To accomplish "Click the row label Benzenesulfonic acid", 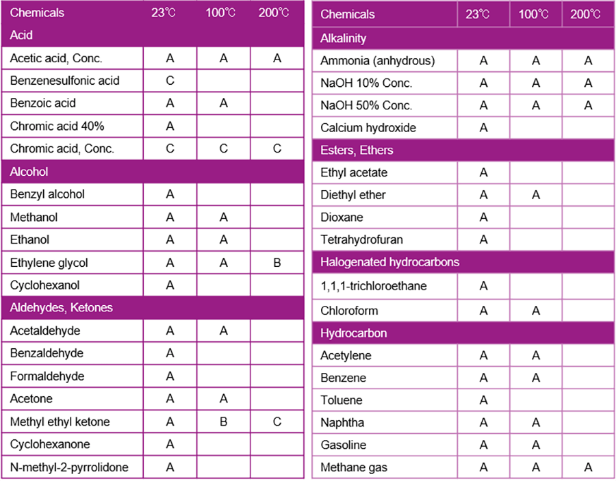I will (x=64, y=81).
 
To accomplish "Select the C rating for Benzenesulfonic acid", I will (x=170, y=81).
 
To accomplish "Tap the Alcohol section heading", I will (x=29, y=172).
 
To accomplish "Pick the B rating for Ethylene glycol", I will (x=277, y=263).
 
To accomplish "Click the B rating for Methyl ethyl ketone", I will (x=224, y=421).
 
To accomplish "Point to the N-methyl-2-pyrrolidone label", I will (x=68, y=467).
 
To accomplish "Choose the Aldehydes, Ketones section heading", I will (x=61, y=308).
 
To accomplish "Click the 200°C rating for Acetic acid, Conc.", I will (x=277, y=59).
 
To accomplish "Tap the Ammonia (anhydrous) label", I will (x=377, y=61).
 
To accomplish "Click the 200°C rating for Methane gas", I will (x=588, y=468).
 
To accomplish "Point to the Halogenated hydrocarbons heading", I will (x=389, y=262).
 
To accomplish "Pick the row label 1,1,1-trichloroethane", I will (x=373, y=286).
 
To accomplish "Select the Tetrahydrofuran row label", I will (x=361, y=239).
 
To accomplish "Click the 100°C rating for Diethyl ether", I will (x=536, y=195).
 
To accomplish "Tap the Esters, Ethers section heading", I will (x=357, y=151).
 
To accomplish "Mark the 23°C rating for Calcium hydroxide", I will (x=484, y=128).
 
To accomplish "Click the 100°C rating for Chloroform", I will (x=536, y=311).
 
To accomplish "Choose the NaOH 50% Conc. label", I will (x=366, y=105).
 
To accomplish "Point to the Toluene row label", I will (x=342, y=400).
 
